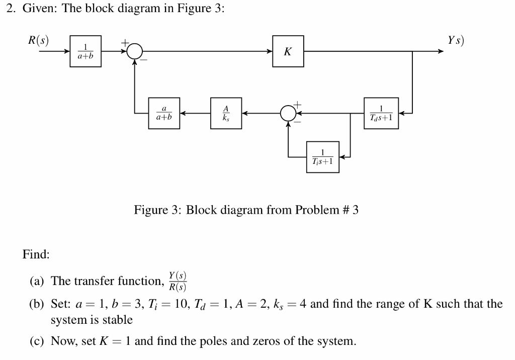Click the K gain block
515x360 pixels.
288,51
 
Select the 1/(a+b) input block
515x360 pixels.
85,51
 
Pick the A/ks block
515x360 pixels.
226,113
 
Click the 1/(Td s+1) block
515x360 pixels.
383,113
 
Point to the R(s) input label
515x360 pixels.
39,41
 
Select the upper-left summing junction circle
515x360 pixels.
134,51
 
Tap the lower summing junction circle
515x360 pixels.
288,113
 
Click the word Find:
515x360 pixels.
36,255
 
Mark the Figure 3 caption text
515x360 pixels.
246,210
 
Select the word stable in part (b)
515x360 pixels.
118,320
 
